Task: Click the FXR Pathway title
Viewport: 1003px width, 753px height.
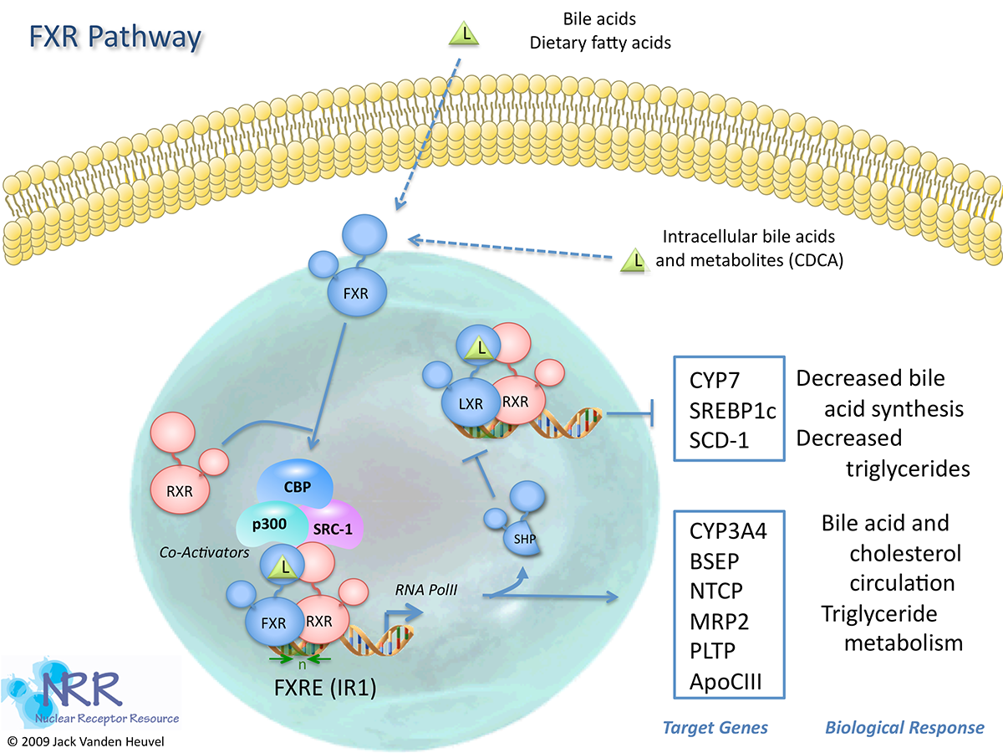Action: point(115,38)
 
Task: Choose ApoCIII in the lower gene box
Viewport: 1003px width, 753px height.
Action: point(726,680)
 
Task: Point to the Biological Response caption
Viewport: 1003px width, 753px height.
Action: point(904,728)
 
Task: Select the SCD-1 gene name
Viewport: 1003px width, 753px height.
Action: point(720,438)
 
